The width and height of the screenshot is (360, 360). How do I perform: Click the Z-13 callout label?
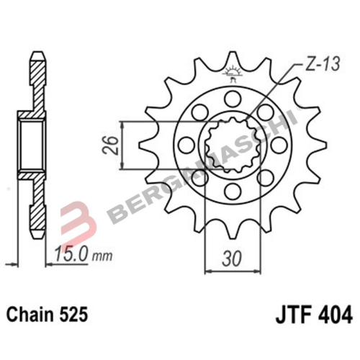pos(321,64)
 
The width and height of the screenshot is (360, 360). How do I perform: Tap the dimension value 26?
pos(111,145)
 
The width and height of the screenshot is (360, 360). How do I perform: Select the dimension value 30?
pos(232,260)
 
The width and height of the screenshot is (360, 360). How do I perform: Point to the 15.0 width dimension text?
pos(70,255)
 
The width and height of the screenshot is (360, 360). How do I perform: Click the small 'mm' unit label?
pos(103,256)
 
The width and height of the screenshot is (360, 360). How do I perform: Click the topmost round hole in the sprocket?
pos(233,99)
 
